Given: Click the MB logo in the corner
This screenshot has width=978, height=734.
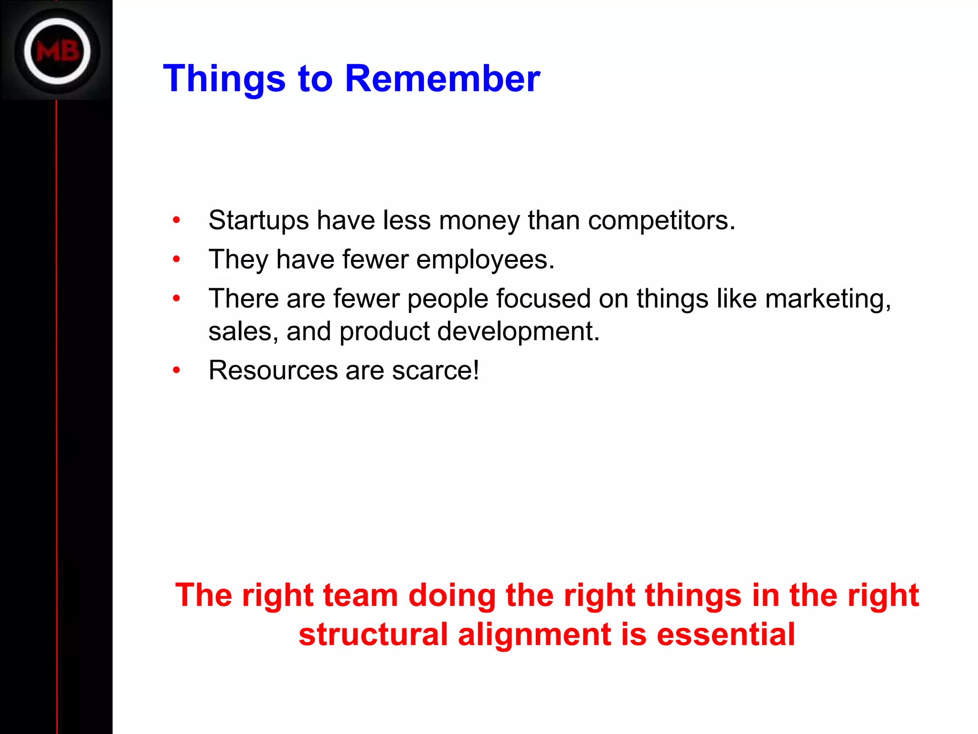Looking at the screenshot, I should pos(57,51).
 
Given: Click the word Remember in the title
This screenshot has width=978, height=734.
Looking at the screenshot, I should pos(442,78).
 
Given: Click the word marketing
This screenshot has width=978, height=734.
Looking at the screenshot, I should pos(828,300).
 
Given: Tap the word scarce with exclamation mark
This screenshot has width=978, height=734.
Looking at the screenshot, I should pos(435,370).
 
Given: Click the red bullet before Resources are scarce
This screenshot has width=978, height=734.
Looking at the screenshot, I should pos(177,370).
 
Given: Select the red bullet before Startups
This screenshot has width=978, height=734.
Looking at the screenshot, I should pos(177,220).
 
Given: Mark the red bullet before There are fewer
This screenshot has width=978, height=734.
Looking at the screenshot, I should pos(177,299).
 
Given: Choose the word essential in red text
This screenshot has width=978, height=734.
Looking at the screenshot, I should pos(725,635).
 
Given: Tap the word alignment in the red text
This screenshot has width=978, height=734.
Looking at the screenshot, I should pos(534,635).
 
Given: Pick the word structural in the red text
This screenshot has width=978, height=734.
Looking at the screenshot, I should pos(373,635).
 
